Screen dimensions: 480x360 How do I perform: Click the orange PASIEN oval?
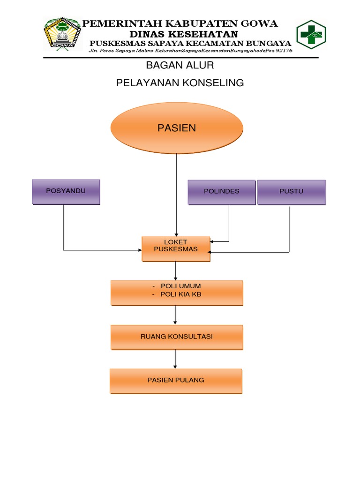tap(177, 128)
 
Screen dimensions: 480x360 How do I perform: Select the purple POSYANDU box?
tap(66, 191)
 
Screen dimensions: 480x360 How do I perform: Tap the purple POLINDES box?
tap(222, 192)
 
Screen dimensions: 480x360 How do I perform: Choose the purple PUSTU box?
tap(291, 192)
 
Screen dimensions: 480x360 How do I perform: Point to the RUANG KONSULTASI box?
tap(177, 337)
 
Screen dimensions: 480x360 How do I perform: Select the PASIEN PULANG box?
tap(176, 380)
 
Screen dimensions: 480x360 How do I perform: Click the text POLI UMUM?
tap(180, 286)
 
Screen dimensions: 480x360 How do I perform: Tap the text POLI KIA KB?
tap(181, 294)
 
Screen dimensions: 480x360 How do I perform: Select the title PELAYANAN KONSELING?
tap(180, 83)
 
